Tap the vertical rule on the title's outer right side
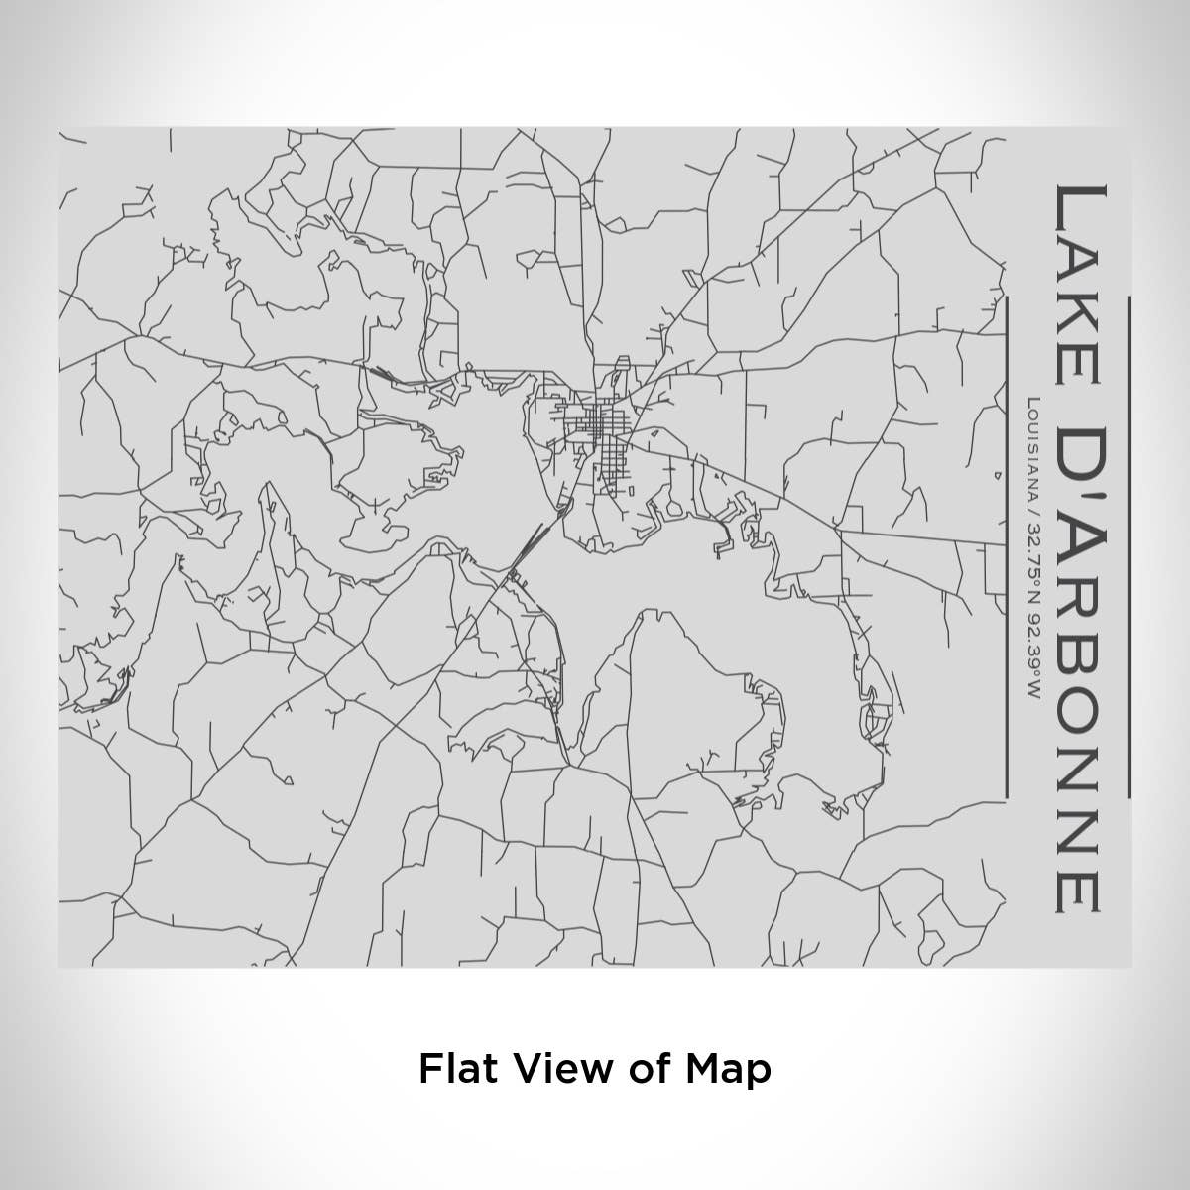(x=1129, y=545)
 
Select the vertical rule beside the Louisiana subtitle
(x=1006, y=545)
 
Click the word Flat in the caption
(x=451, y=1069)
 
